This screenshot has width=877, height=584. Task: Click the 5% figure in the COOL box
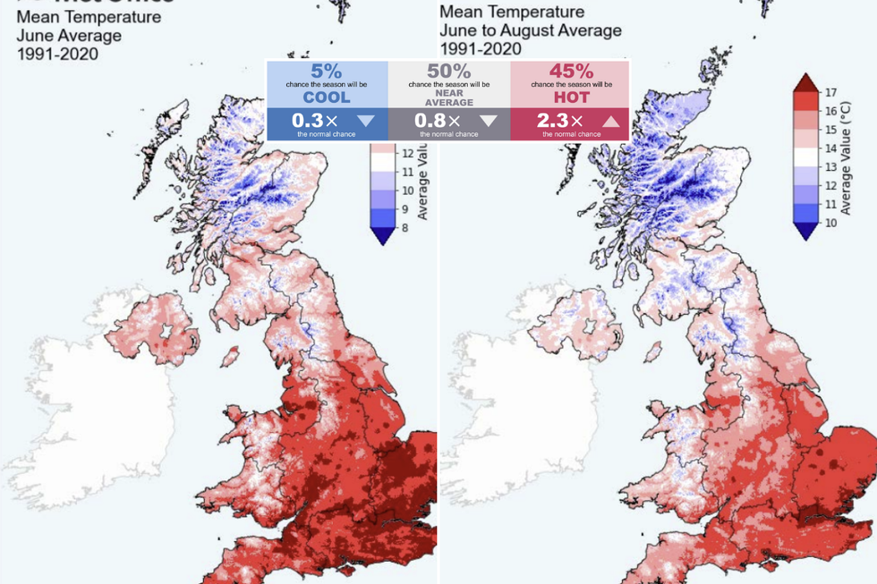pos(327,70)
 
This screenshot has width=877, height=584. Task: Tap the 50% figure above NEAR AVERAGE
pos(448,70)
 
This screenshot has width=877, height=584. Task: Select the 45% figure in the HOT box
pos(571,70)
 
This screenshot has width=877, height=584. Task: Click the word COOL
pos(327,97)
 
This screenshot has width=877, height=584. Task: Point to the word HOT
pos(571,97)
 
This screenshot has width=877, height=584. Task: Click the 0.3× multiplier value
pos(311,121)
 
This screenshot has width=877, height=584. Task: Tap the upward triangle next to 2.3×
pos(611,121)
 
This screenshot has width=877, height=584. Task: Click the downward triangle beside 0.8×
pos(488,121)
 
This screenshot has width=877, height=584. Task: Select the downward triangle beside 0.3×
pos(366,121)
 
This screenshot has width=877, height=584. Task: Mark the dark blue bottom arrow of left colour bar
pos(381,235)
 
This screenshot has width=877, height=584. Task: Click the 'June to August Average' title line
pos(530,30)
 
